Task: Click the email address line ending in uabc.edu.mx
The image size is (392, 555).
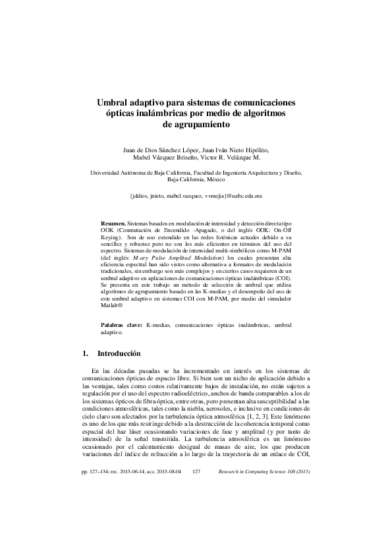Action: coord(196,196)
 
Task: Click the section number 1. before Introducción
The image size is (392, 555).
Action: coord(84,353)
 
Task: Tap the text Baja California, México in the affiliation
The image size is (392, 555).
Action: coord(196,179)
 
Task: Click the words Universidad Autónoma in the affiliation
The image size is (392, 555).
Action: coord(115,172)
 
